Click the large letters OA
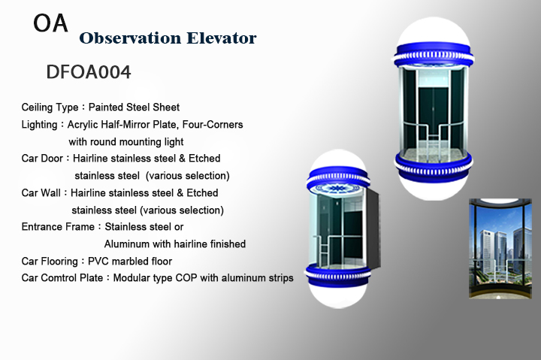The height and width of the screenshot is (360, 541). coord(50,23)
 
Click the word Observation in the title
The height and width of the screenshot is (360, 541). coord(130,38)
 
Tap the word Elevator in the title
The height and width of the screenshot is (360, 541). coord(222,38)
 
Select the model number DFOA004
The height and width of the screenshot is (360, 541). coord(89,72)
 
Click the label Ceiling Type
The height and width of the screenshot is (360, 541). coord(50,107)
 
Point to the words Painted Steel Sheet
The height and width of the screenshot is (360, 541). coord(134,107)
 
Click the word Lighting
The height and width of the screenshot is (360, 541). coord(39,124)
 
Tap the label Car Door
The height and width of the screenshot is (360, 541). coord(42,158)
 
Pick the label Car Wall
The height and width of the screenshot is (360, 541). coord(41,192)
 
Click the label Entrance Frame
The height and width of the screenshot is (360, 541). coord(58,226)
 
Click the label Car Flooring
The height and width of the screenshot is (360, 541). coord(50,262)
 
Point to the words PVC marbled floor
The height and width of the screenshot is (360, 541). coord(130,261)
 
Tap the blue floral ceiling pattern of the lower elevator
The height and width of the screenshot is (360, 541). coord(338,189)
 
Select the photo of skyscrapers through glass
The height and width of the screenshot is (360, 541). coord(500,249)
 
